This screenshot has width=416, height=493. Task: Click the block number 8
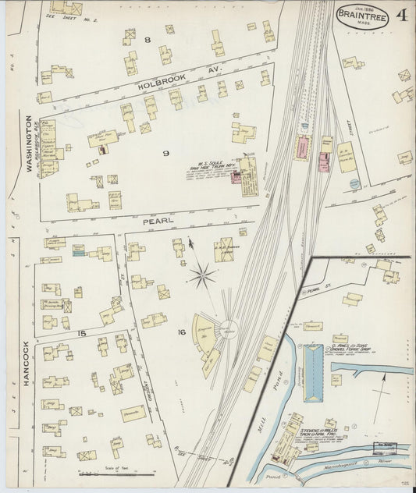[x=146, y=39]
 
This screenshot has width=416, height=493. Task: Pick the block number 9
[x=165, y=154]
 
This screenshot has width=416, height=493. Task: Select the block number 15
[x=80, y=333]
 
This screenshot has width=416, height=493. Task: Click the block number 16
[x=160, y=332]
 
